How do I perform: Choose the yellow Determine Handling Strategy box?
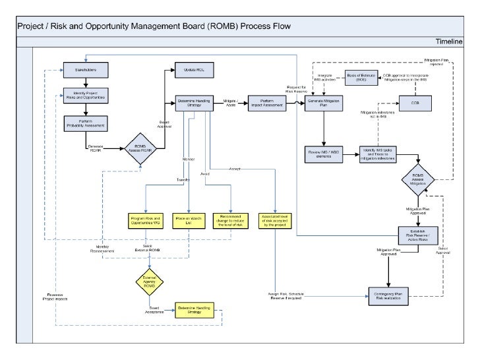point(194,309)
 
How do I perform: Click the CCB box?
point(415,103)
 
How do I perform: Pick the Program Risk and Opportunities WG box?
point(146,221)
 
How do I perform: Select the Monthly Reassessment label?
point(103,249)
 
